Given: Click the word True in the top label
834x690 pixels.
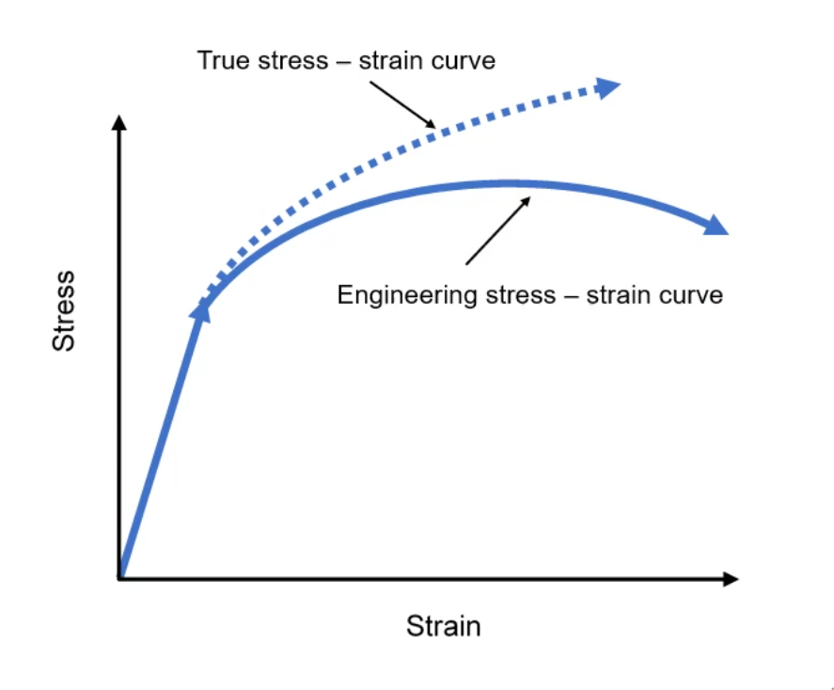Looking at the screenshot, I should coord(218,61).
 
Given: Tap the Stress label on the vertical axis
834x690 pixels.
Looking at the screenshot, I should coord(63,311).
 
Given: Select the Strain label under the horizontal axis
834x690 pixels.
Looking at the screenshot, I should coord(443,626).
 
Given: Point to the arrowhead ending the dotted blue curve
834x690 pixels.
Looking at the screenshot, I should coord(608,87).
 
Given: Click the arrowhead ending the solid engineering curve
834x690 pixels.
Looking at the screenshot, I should coord(716,226).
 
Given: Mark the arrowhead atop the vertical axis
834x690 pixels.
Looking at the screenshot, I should coord(118,123).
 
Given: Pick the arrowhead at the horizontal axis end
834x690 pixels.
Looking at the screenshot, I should coord(730,579).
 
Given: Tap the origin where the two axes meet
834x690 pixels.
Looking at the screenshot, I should coord(119,578).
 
